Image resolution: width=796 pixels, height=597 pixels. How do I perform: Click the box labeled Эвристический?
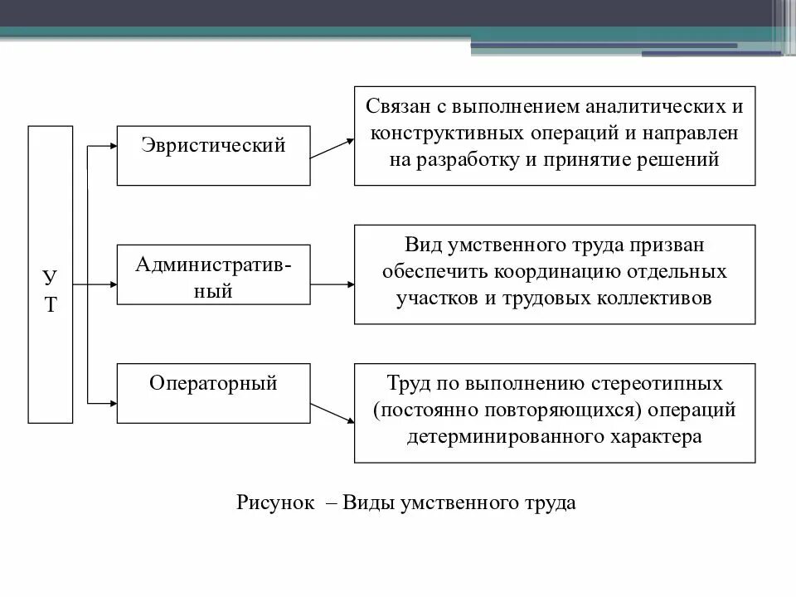(x=213, y=155)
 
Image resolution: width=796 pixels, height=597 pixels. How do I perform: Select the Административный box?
(x=213, y=274)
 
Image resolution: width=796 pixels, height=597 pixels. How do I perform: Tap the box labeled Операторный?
(x=213, y=393)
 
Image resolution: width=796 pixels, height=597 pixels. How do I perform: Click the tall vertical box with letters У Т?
(x=51, y=274)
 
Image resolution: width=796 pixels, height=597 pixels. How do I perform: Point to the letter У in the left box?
(x=51, y=276)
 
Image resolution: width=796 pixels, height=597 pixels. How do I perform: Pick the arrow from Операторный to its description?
(x=332, y=412)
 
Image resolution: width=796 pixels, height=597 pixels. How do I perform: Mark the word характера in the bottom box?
(x=659, y=436)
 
